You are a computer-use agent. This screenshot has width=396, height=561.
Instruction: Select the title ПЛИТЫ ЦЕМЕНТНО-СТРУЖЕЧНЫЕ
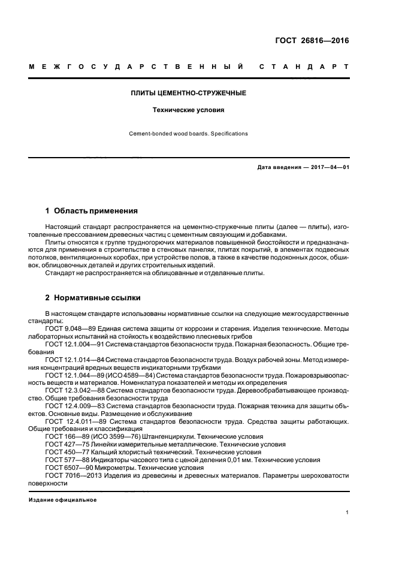point(188,94)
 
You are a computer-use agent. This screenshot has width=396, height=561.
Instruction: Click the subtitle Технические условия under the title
point(188,110)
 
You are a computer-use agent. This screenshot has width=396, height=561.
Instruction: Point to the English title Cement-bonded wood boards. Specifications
point(188,134)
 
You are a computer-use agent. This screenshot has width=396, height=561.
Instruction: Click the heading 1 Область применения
point(92,211)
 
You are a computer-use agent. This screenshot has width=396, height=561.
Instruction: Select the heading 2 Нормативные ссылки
point(93,297)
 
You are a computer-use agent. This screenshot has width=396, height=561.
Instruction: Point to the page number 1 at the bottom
point(347,512)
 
